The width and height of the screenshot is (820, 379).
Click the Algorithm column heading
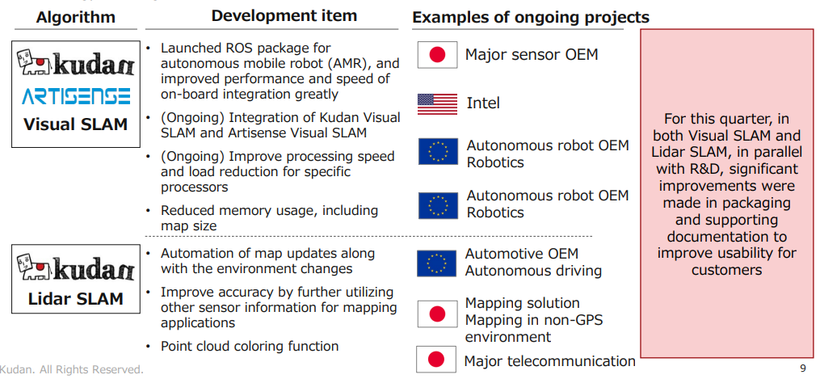(x=76, y=17)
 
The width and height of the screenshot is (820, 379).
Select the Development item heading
(x=284, y=15)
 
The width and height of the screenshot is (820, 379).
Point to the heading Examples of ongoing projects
(x=531, y=17)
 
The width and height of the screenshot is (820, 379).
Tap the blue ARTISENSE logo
(x=76, y=97)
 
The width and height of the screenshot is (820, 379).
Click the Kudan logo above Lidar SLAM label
(x=76, y=268)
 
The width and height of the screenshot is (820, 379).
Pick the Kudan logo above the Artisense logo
(x=76, y=63)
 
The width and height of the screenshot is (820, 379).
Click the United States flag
(x=437, y=104)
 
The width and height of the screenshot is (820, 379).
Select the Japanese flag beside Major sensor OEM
(x=437, y=55)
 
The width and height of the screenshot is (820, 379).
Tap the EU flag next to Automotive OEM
(x=437, y=263)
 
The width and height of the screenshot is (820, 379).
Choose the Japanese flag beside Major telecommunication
(x=437, y=360)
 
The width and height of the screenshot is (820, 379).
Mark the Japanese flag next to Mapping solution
(x=437, y=314)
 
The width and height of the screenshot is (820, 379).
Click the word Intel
(x=483, y=103)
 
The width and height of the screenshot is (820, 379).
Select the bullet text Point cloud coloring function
(x=250, y=346)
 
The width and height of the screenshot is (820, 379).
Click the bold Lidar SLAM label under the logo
(x=76, y=298)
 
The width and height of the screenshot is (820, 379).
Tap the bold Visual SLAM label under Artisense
(x=76, y=124)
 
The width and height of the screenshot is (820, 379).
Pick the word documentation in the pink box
(x=727, y=236)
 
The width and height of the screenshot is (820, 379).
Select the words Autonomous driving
(x=533, y=272)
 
